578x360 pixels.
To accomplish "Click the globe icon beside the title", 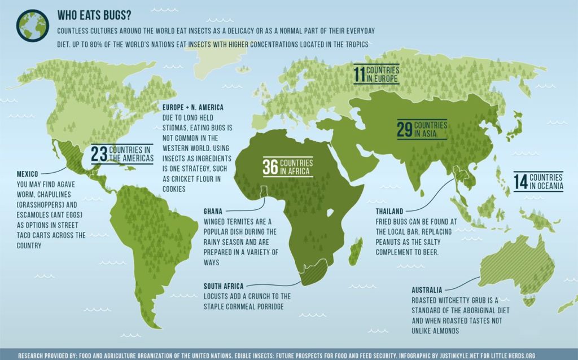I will [x=32, y=25].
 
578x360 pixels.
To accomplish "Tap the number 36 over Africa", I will [x=271, y=166].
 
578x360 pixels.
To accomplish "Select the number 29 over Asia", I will [x=404, y=130].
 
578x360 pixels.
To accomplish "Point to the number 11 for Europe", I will [x=359, y=74].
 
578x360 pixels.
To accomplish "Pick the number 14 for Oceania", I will [x=520, y=181].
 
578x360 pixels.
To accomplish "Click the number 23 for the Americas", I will [x=99, y=154].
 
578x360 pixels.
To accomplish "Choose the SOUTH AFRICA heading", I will [x=224, y=286].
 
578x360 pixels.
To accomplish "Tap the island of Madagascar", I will [x=356, y=252].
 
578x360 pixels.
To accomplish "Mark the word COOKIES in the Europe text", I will [x=174, y=189].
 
